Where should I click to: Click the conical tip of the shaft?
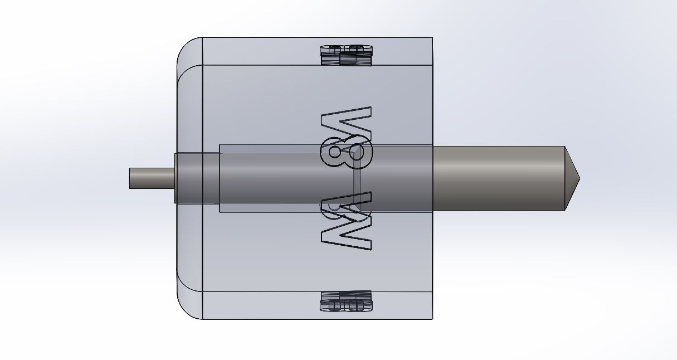pos(572,178)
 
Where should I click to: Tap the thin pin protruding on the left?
pos(152,178)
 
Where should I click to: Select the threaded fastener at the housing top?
pos(346,55)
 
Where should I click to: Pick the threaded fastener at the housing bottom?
pos(346,301)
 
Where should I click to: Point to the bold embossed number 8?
pos(347,152)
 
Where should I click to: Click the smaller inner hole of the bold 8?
pos(334,152)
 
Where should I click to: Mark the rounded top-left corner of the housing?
pos(184,45)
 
